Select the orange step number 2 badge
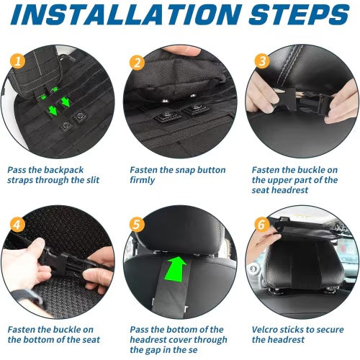[x=137, y=62]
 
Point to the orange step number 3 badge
[x=261, y=62]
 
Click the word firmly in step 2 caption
[x=142, y=180]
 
